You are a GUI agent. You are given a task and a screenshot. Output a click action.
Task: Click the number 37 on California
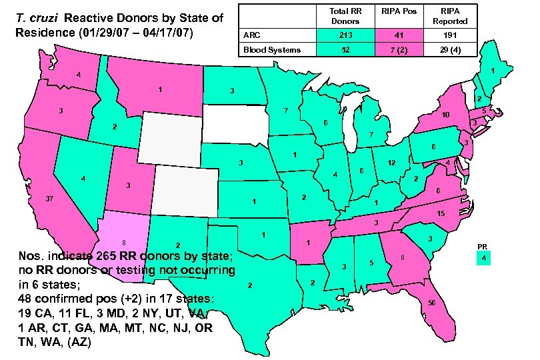49,199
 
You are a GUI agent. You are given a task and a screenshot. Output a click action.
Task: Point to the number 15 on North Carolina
441,213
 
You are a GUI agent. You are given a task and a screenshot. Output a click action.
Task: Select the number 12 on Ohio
392,163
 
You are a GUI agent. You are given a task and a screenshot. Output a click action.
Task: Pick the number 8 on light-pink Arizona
124,242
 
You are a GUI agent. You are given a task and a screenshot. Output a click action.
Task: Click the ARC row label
252,35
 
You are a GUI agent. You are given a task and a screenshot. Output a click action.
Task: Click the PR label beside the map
484,246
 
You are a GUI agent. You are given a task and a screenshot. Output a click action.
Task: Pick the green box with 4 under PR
485,257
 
